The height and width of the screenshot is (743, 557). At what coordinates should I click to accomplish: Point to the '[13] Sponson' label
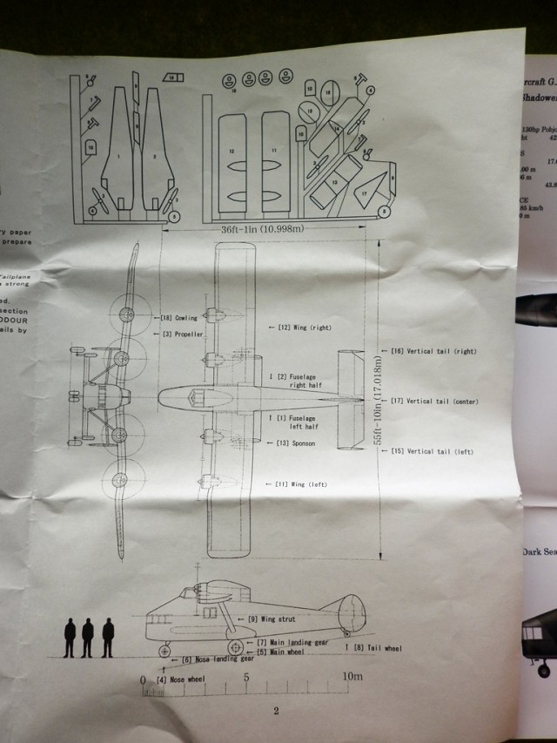(x=293, y=443)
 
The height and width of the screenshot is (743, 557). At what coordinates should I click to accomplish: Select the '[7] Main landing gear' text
(x=288, y=641)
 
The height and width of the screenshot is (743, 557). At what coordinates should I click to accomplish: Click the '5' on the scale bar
(x=247, y=677)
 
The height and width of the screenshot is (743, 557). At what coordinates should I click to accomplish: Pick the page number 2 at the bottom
(x=275, y=710)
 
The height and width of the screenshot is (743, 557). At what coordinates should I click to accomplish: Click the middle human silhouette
(x=87, y=638)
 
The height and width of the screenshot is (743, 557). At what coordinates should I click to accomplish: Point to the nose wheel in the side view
(x=164, y=650)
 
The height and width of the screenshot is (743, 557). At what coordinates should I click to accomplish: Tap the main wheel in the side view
(x=233, y=648)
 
